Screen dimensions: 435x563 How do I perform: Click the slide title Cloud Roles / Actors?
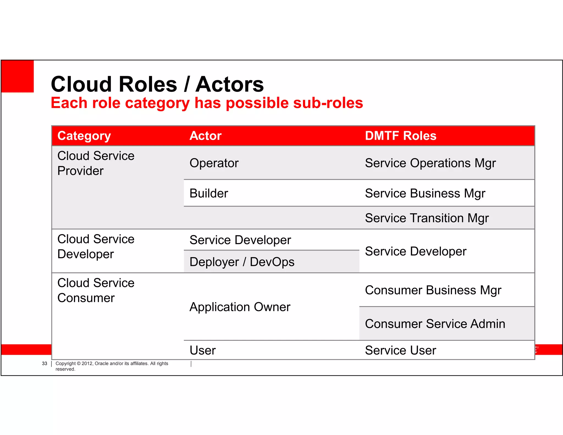[157, 84]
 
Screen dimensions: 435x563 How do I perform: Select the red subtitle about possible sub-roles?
[207, 103]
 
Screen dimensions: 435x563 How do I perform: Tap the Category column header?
[84, 136]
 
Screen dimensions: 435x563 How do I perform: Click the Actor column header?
[206, 136]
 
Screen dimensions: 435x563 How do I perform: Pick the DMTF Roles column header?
[401, 136]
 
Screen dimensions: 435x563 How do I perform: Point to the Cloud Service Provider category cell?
[96, 163]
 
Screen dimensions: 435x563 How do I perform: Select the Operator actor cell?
[214, 163]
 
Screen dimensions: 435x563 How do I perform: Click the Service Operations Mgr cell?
[430, 163]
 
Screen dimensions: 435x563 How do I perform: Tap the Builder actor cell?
[209, 193]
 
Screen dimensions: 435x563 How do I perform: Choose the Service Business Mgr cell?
[425, 193]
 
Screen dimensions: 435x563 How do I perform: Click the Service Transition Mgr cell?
[427, 218]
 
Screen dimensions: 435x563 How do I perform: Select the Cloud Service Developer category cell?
[96, 247]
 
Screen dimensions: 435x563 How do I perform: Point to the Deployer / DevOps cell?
[242, 262]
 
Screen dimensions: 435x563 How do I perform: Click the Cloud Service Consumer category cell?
[96, 290]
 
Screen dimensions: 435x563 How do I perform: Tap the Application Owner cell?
[240, 307]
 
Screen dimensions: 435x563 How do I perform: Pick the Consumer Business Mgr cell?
[433, 290]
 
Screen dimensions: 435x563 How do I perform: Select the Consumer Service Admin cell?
[435, 324]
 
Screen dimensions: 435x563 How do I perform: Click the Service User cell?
[401, 350]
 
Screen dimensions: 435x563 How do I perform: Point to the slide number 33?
[45, 364]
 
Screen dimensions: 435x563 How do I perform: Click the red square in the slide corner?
[18, 76]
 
